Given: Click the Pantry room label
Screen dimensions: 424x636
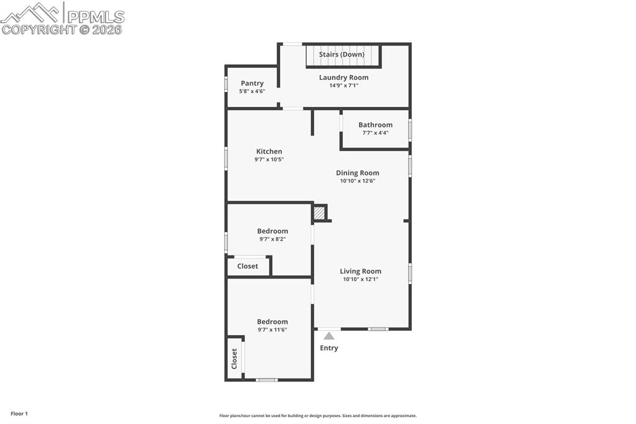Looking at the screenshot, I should tap(252, 83).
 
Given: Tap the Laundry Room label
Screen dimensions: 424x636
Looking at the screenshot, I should tap(343, 78).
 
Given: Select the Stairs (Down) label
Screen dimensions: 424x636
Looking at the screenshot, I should tap(342, 55).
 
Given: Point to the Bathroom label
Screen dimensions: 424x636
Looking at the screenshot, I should tap(375, 125).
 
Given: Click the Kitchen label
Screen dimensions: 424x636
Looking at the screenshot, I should tap(269, 152).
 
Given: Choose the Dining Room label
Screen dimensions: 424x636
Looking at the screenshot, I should tap(357, 173).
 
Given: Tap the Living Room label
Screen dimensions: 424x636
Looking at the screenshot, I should tap(360, 271).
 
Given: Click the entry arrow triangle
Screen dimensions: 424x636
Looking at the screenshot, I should tap(329, 336).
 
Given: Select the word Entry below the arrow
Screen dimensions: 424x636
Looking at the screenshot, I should tap(329, 348).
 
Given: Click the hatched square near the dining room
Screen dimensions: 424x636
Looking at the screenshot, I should tap(319, 213).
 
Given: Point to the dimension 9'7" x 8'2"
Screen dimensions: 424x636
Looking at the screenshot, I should tap(272, 239).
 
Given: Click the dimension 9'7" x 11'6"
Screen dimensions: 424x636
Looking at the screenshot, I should tap(272, 330).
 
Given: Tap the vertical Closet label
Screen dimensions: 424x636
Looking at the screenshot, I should tap(234, 359).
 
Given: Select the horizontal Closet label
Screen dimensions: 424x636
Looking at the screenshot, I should tap(247, 266).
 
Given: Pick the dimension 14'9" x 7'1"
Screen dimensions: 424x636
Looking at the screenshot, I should tap(343, 86).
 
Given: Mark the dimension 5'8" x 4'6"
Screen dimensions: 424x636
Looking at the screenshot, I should tap(252, 91).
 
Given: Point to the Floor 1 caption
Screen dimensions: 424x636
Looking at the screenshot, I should tap(19, 413).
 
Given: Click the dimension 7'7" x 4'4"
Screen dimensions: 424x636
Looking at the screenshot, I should tap(375, 133).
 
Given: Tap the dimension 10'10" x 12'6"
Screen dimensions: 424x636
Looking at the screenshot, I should tap(357, 182).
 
